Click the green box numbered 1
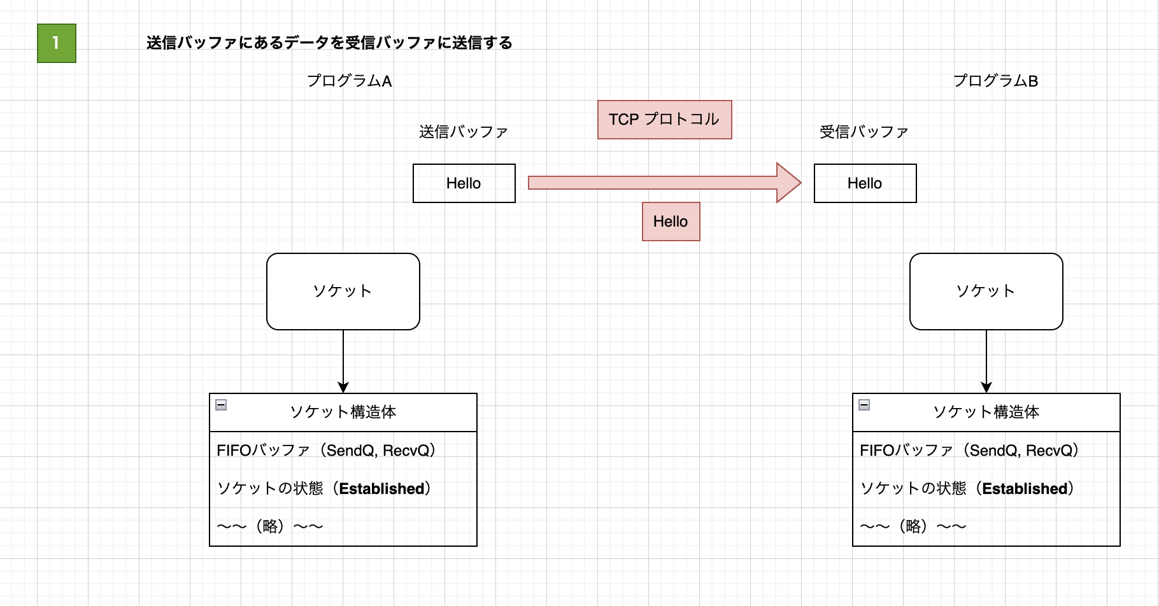coord(57,43)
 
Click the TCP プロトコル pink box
coord(664,120)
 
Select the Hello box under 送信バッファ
coord(464,183)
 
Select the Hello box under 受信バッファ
coord(865,183)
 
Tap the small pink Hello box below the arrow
coord(671,222)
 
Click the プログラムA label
coord(349,81)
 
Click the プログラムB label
coord(995,81)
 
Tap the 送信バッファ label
coord(463,132)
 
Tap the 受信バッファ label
coord(864,132)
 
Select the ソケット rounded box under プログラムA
coord(343,292)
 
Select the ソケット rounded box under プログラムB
coord(986,292)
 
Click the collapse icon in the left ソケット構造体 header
coord(221,405)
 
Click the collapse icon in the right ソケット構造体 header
coord(864,405)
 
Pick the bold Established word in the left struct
coord(381,489)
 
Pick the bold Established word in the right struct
coord(1025,489)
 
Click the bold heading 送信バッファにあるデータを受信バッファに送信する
coord(329,43)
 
